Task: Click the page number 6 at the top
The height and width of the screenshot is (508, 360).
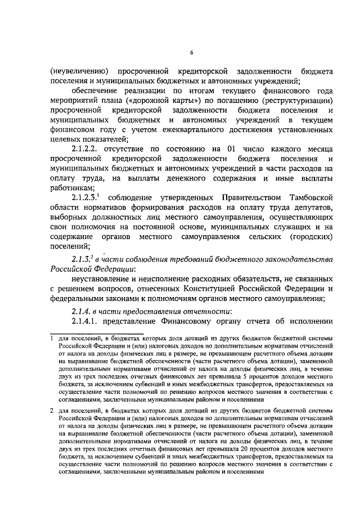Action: (191, 53)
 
